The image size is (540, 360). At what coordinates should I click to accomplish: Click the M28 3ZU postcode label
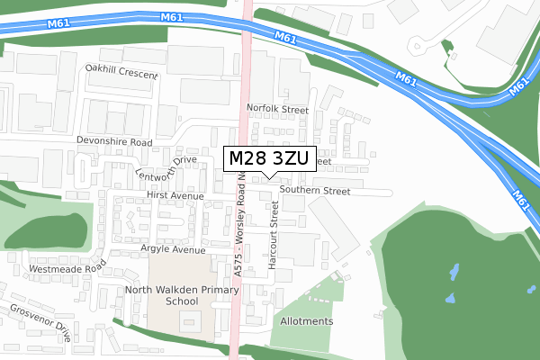269,159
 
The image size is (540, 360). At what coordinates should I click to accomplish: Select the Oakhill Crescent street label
121,68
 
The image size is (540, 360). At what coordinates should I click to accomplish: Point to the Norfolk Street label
278,110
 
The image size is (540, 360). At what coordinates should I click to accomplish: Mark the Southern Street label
314,191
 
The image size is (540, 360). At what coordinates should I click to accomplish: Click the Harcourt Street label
274,229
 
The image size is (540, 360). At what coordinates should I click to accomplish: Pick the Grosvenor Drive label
40,320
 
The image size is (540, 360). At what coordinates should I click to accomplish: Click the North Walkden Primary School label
182,296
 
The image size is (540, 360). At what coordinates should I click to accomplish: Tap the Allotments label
307,321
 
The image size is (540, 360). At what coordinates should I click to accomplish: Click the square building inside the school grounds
191,323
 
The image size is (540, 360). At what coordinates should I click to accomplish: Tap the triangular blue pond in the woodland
448,296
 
